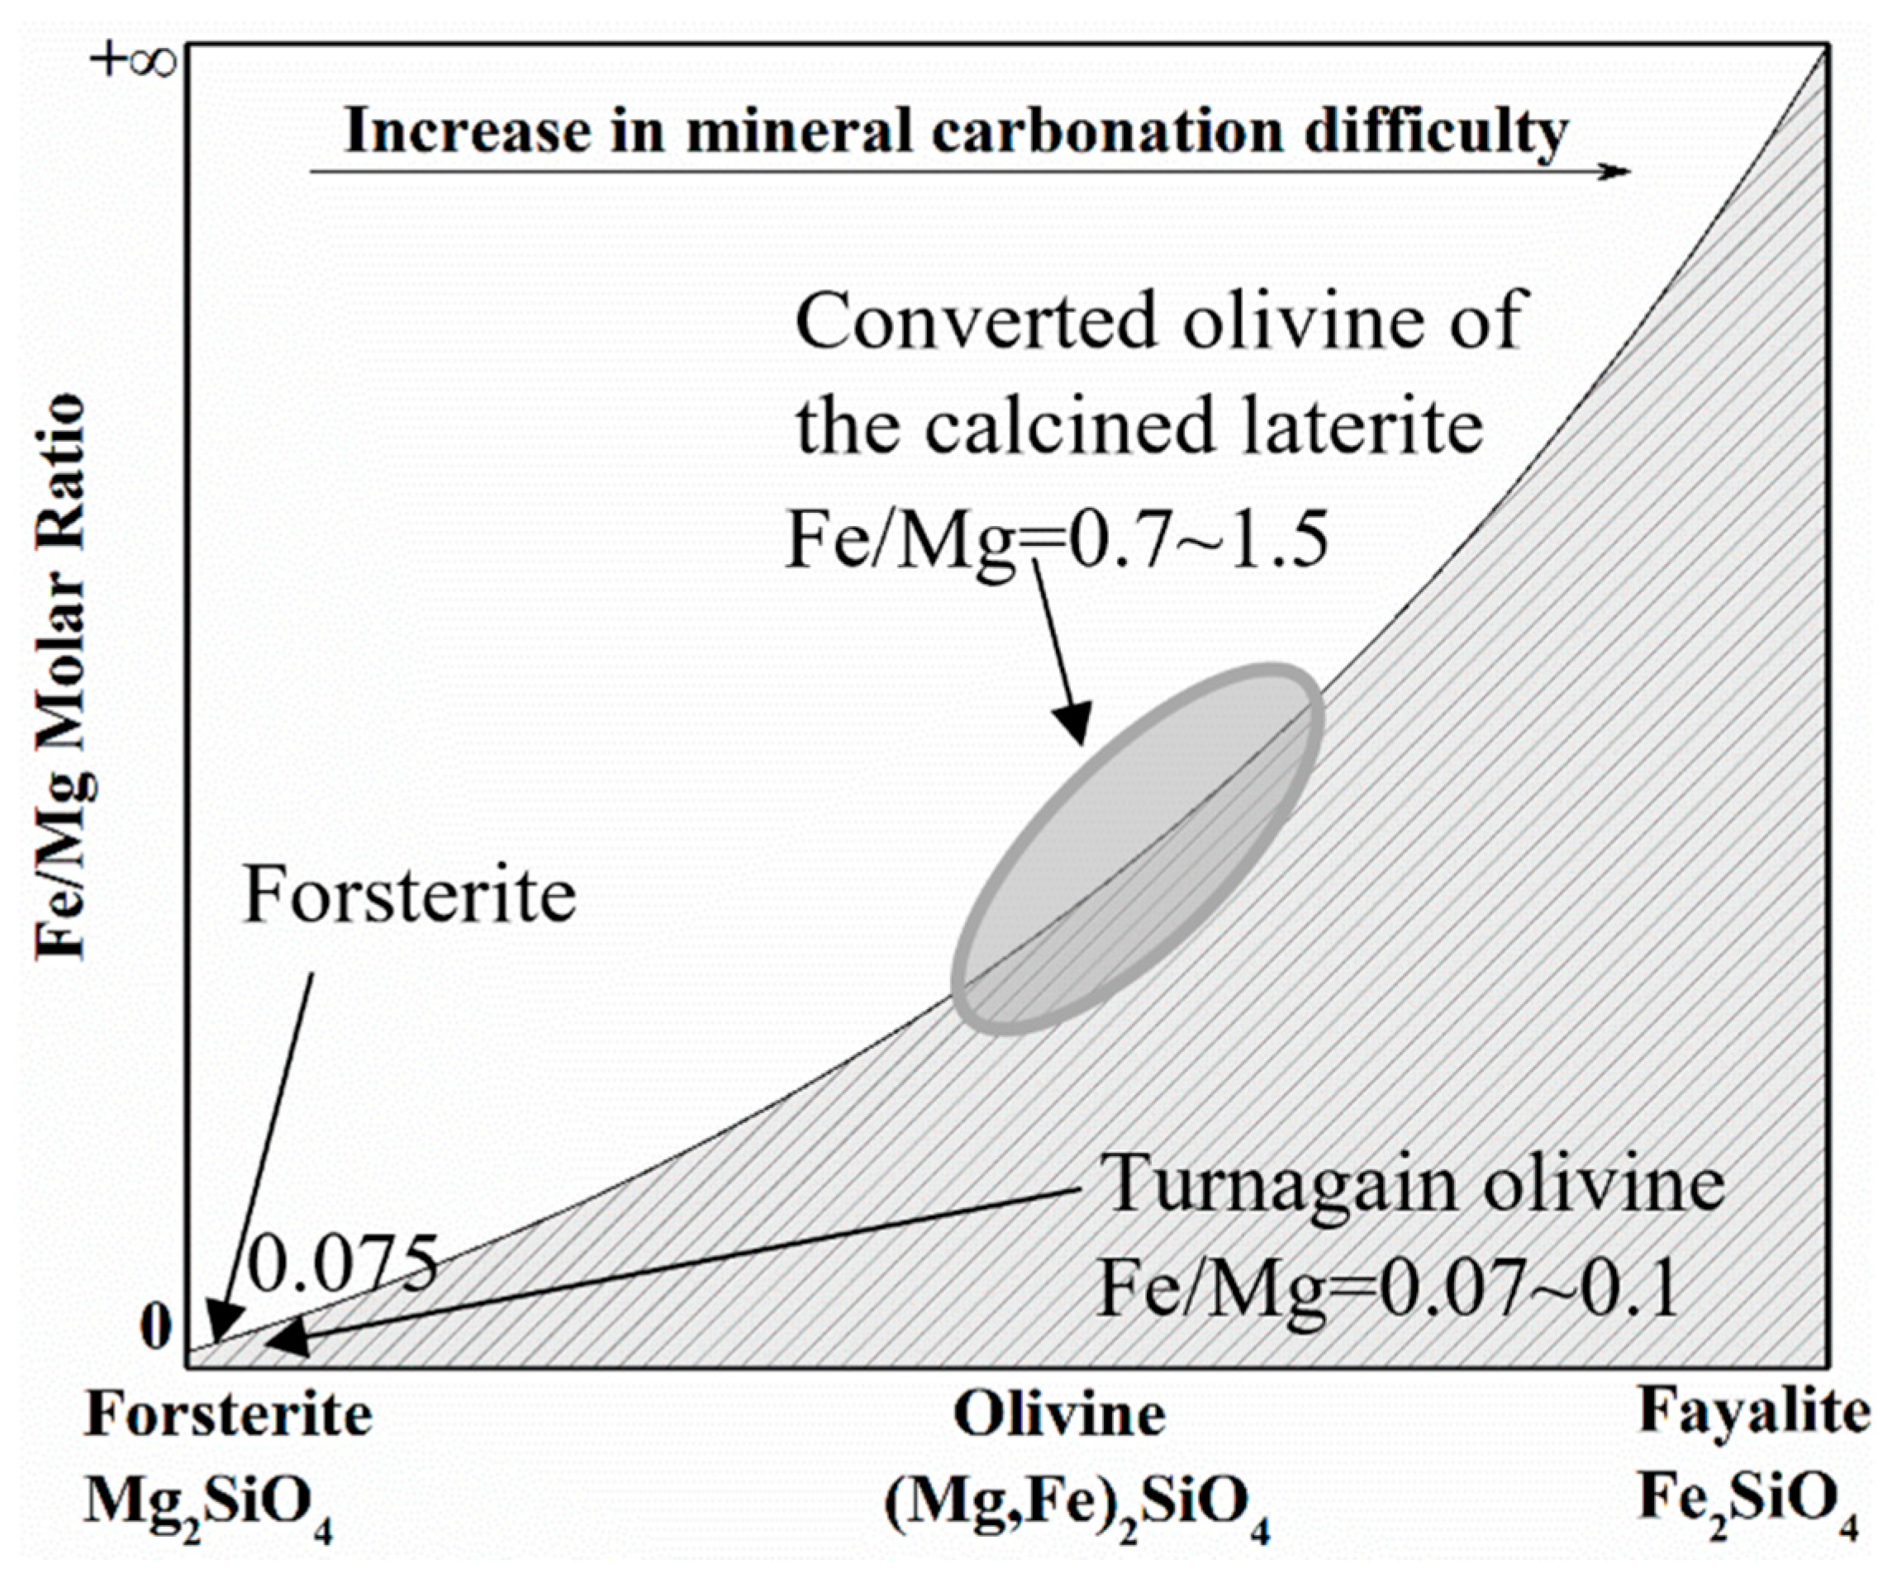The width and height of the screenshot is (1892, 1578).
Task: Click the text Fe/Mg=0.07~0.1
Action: click(x=1387, y=1291)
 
